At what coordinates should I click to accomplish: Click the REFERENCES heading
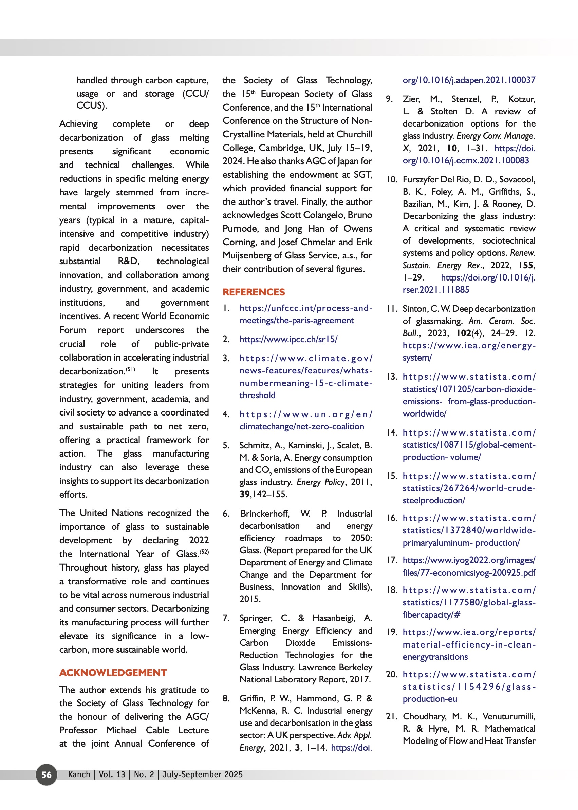(254, 292)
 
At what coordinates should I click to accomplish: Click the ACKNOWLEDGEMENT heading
(113, 673)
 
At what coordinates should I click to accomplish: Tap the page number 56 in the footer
(46, 774)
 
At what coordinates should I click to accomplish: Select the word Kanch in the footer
(79, 774)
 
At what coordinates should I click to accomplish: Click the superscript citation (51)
(130, 369)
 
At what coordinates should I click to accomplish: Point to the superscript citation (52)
(204, 552)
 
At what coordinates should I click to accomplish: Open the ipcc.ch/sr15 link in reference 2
(288, 340)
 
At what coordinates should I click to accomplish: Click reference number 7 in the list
(226, 618)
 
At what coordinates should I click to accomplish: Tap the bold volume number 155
(526, 265)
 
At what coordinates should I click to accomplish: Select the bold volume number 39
(244, 495)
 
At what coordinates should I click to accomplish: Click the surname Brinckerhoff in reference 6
(264, 514)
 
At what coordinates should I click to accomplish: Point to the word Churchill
(354, 134)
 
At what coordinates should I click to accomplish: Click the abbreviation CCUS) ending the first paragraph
(91, 105)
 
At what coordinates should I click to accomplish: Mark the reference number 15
(392, 476)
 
